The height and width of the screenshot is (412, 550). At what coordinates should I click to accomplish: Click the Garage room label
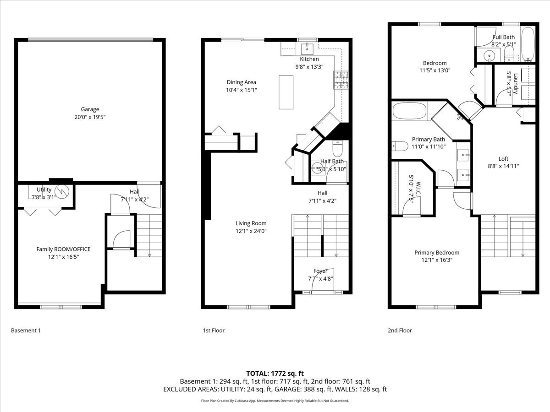pyautogui.click(x=90, y=109)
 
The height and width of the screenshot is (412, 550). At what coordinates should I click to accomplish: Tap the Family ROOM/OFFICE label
pyautogui.click(x=63, y=249)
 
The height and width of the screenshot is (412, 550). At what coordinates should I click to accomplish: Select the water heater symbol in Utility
pyautogui.click(x=61, y=192)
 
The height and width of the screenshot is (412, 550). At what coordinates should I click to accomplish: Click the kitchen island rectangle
pyautogui.click(x=286, y=92)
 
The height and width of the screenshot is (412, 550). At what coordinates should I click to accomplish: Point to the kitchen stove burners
pyautogui.click(x=341, y=80)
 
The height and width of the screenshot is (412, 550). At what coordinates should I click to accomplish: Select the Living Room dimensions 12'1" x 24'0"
pyautogui.click(x=251, y=231)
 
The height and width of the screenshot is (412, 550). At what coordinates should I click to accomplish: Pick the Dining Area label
pyautogui.click(x=241, y=82)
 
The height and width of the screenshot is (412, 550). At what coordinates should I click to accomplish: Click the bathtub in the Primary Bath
pyautogui.click(x=409, y=111)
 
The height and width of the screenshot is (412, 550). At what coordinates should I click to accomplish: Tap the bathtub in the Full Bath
pyautogui.click(x=528, y=44)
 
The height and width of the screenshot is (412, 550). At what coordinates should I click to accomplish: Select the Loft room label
pyautogui.click(x=503, y=159)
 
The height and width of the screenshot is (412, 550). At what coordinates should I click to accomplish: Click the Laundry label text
pyautogui.click(x=516, y=83)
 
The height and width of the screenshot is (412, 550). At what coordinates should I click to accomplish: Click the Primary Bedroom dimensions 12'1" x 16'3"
pyautogui.click(x=437, y=260)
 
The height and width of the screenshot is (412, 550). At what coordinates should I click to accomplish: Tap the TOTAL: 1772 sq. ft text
pyautogui.click(x=275, y=374)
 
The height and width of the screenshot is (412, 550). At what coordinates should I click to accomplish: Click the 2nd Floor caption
pyautogui.click(x=400, y=331)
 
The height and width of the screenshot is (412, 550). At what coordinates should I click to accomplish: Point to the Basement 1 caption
pyautogui.click(x=26, y=331)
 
